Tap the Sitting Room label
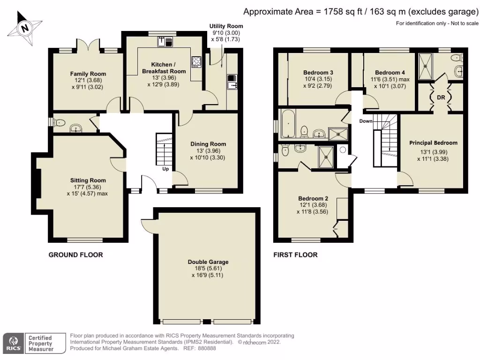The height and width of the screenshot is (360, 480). tap(88, 180)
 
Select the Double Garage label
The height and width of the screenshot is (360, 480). tap(208, 262)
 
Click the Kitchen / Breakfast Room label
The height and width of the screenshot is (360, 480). tap(164, 67)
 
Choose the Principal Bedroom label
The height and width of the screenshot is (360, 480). tap(433, 142)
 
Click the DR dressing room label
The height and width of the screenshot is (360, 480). tap(441, 98)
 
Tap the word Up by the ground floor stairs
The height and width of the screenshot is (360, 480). tap(165, 169)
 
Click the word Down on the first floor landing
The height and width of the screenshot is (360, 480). tap(366, 121)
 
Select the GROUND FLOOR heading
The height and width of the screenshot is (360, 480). tap(76, 255)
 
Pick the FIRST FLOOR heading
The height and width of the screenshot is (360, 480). tap(295, 255)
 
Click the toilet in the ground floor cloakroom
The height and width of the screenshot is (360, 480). tap(59, 123)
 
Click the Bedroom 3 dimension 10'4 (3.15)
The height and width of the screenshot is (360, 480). tap(318, 80)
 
